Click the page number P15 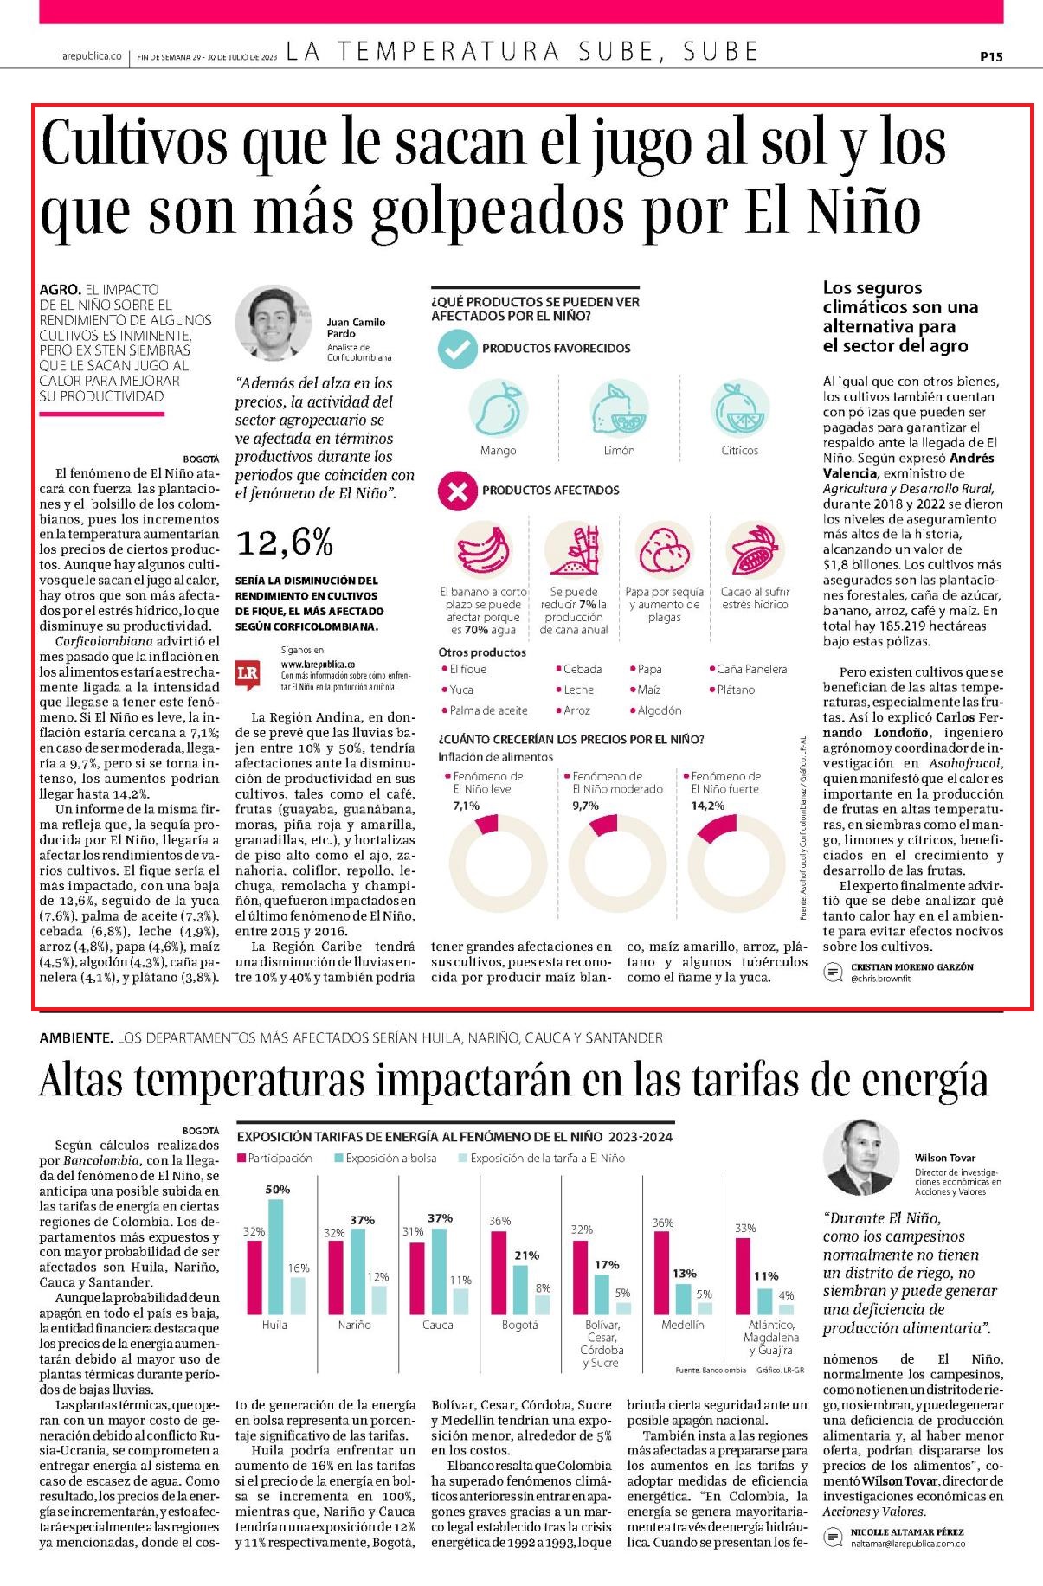[991, 57]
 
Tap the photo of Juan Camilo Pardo [273, 325]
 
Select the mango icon [498, 408]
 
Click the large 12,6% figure [284, 543]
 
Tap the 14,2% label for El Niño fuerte [707, 806]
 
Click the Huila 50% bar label [277, 1190]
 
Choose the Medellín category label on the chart [683, 1325]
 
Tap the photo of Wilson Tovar [860, 1157]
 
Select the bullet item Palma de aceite [487, 710]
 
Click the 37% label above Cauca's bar [440, 1218]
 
